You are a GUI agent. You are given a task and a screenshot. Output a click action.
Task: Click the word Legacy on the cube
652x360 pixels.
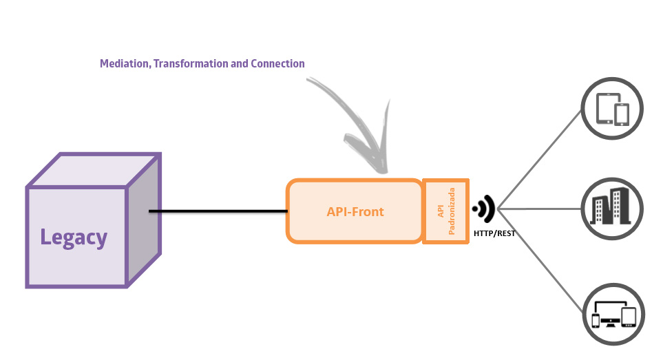click(x=74, y=237)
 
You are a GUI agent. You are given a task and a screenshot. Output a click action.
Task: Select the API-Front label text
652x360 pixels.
click(x=355, y=211)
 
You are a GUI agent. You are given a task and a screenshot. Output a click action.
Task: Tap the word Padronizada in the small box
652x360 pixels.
click(x=452, y=211)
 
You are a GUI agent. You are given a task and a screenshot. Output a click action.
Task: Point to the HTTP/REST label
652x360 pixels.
click(x=494, y=234)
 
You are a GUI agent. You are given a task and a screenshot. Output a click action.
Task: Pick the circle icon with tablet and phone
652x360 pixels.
click(x=612, y=109)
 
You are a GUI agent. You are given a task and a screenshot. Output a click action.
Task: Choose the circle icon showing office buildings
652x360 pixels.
click(x=612, y=207)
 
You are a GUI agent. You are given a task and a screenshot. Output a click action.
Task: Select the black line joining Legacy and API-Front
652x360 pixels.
click(x=218, y=211)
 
